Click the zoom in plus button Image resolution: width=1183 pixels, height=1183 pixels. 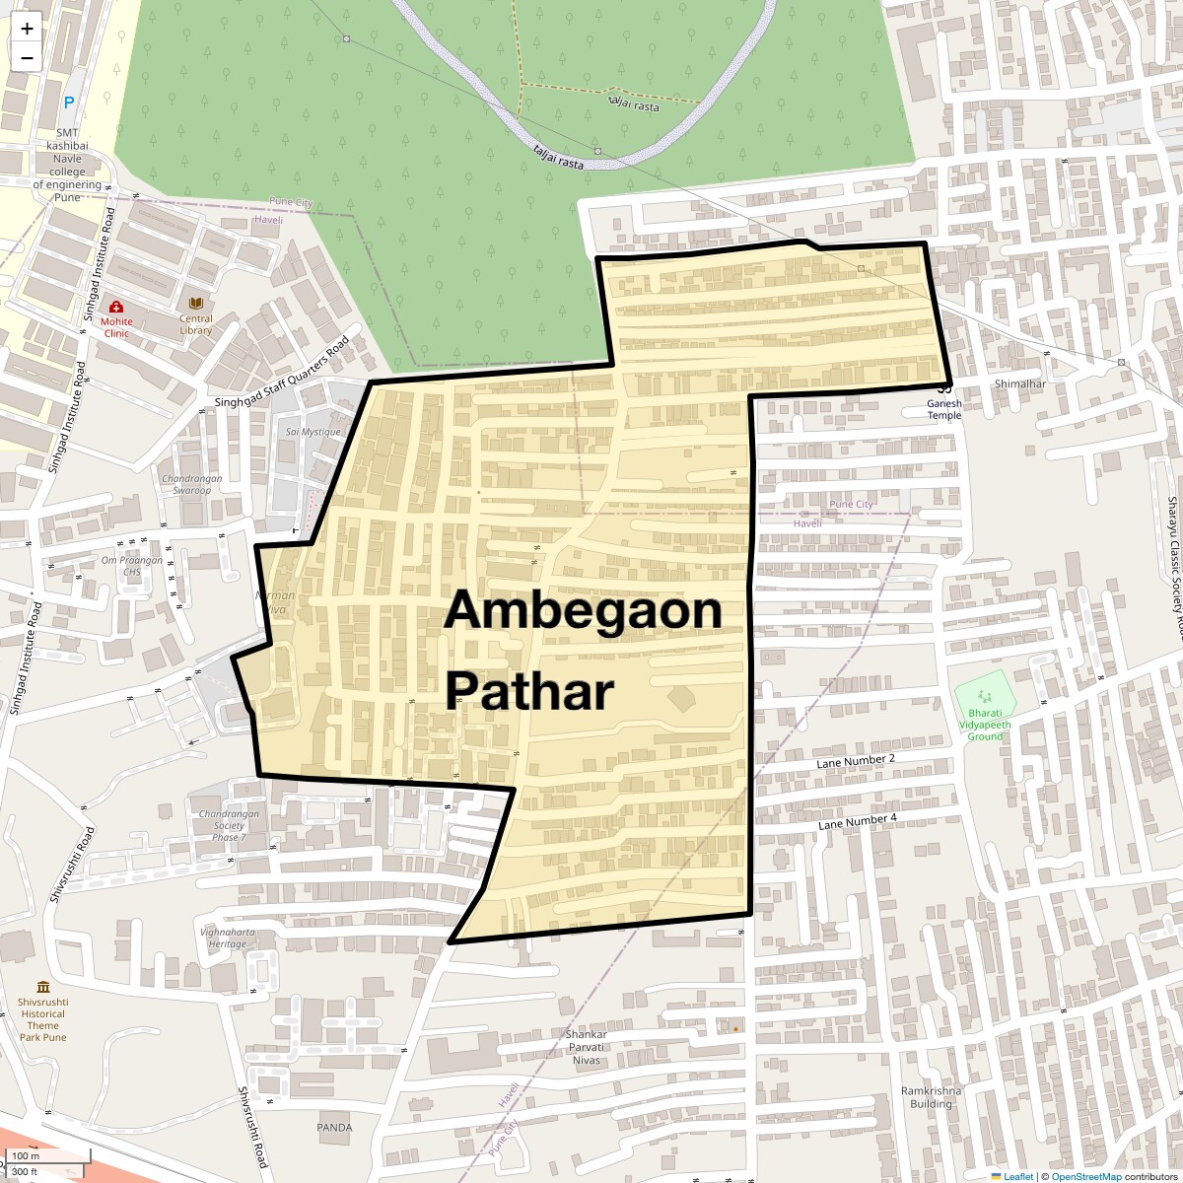coord(27,29)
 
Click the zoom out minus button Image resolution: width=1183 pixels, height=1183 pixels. coord(27,58)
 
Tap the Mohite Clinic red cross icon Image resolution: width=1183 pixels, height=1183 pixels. coord(116,307)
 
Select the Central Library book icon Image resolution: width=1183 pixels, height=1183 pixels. coord(195,303)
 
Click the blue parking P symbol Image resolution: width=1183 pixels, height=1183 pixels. coord(69,103)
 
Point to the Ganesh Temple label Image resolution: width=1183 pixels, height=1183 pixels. coord(943,409)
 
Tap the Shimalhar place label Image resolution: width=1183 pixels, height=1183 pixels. coord(1019,383)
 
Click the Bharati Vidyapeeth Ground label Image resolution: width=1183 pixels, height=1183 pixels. coord(984,725)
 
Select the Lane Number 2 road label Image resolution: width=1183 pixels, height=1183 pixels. coord(856,760)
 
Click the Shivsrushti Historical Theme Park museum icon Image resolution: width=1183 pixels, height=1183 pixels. coord(43,987)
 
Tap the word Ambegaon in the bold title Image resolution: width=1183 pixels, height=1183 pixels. coord(583,610)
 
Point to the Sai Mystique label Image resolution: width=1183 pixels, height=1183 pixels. coord(313,432)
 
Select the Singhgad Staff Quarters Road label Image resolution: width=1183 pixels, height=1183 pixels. coord(282,374)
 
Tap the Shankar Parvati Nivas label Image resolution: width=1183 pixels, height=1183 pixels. coord(586,1047)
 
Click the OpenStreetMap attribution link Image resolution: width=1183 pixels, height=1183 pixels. coord(1085,1176)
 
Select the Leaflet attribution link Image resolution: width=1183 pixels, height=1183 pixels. coord(1017,1176)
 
